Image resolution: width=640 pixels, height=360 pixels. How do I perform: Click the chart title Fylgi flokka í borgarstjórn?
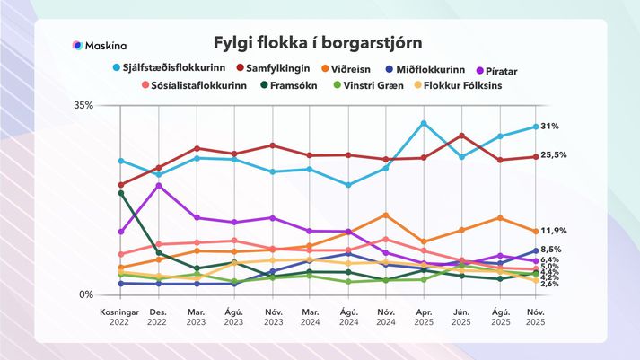pos(319,43)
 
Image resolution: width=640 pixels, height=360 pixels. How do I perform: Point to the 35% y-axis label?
pos(83,105)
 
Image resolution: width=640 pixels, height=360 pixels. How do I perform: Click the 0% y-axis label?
pos(86,294)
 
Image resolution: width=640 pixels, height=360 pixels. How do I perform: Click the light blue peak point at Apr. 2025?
pos(424,123)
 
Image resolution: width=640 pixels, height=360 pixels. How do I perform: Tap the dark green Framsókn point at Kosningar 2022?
pos(120,193)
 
